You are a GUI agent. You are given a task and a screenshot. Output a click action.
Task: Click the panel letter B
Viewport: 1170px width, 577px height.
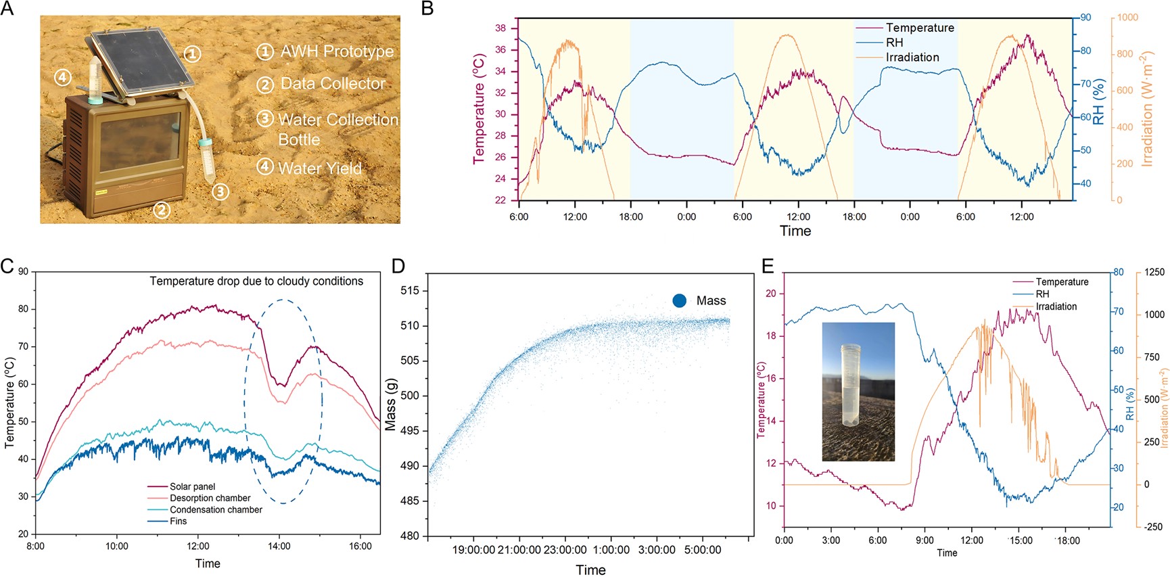(427, 8)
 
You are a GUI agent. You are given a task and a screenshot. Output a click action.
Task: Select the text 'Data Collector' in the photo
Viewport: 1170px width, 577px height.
(333, 84)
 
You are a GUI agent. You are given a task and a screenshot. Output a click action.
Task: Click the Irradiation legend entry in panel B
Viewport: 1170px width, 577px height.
(912, 57)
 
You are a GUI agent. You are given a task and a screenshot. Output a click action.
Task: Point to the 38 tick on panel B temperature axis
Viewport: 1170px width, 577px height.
(500, 28)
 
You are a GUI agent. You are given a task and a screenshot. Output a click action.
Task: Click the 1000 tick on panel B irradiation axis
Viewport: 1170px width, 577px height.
(1127, 18)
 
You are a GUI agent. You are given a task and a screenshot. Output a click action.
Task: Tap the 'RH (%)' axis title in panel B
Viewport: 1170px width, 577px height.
(1098, 101)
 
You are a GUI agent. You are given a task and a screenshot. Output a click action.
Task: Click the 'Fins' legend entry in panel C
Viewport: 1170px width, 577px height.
(178, 521)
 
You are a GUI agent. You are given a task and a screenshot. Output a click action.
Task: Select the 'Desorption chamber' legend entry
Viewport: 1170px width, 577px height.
(210, 498)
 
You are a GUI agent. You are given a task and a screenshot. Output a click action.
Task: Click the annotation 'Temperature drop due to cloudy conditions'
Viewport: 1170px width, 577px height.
(256, 281)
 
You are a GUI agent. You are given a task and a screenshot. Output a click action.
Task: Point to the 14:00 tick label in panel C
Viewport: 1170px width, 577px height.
(279, 547)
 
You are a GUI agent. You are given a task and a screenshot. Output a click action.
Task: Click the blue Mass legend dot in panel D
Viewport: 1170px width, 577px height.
(680, 301)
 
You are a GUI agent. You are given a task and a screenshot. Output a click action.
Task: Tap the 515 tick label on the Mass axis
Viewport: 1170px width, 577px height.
(410, 291)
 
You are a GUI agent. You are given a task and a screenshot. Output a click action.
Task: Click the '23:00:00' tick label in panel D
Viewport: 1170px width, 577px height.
(565, 550)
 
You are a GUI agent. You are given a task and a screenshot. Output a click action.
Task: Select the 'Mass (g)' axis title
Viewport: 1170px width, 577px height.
(390, 404)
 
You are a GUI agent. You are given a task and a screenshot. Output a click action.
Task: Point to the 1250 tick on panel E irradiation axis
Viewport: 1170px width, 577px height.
(1154, 272)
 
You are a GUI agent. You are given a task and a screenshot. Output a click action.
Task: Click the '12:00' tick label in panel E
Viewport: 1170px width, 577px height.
(972, 540)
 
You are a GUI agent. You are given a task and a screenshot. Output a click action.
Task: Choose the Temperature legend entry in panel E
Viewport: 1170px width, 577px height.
(1062, 281)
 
